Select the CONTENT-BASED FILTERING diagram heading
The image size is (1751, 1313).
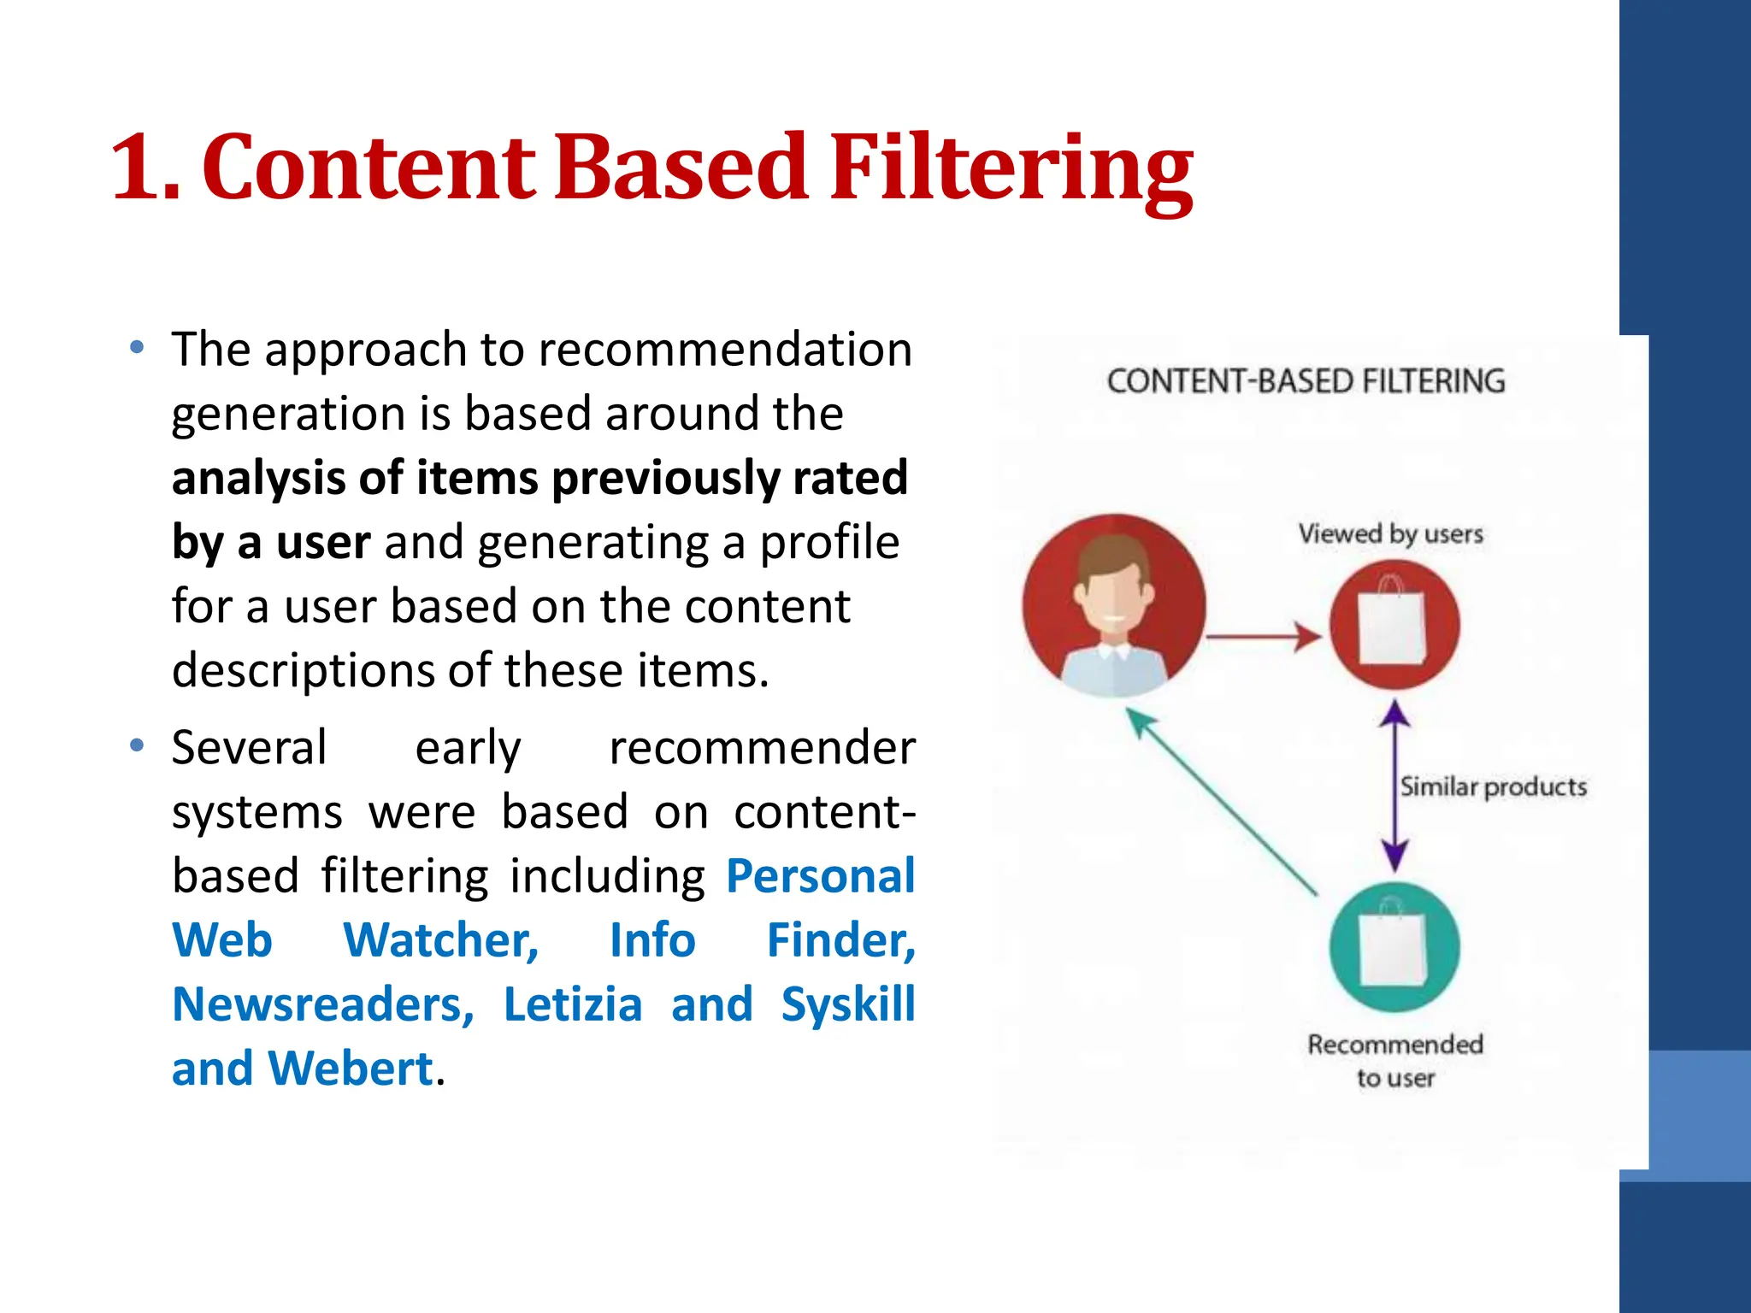1306,381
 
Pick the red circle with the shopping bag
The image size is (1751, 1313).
1394,625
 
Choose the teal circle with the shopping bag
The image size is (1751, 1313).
1394,947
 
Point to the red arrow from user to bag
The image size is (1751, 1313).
1264,637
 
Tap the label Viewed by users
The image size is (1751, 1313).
1390,534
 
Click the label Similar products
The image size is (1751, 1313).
1493,786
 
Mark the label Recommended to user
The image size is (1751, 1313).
1394,1060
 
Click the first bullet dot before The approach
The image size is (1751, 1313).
137,348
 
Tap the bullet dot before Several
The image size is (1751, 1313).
137,746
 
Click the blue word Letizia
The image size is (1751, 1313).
572,1004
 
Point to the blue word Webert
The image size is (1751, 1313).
351,1069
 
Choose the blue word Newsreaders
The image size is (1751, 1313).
322,1004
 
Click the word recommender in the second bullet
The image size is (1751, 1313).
761,748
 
